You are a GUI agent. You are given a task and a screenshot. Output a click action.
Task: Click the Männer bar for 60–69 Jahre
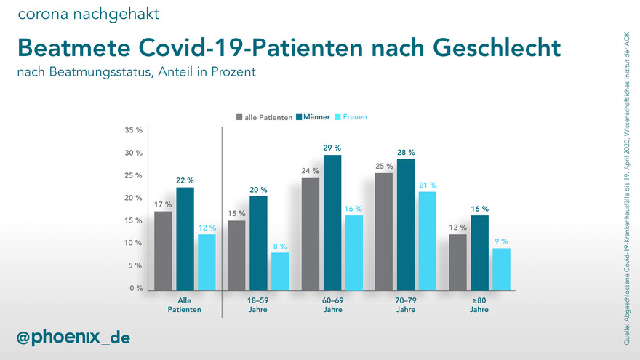[332, 223]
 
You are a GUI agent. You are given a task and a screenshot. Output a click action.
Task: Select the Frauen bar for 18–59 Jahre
[280, 271]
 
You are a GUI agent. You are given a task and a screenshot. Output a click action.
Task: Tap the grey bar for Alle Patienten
[164, 250]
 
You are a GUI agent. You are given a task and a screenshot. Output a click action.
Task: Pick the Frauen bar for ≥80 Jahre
[501, 268]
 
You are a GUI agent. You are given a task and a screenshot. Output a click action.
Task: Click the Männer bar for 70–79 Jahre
[406, 224]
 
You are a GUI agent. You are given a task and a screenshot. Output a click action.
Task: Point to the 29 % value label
[332, 148]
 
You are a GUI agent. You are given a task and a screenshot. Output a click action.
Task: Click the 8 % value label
[280, 246]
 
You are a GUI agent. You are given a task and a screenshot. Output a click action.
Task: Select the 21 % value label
[428, 185]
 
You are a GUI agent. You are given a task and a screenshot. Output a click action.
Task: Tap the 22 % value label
[185, 180]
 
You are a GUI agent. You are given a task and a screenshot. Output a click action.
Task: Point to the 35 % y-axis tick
[133, 131]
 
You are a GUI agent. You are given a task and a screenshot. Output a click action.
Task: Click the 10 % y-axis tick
[133, 243]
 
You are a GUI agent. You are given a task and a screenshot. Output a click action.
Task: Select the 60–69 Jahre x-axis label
[332, 304]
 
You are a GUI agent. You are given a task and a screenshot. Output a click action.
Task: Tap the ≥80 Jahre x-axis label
[479, 304]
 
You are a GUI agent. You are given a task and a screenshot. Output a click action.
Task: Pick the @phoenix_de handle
[73, 337]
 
